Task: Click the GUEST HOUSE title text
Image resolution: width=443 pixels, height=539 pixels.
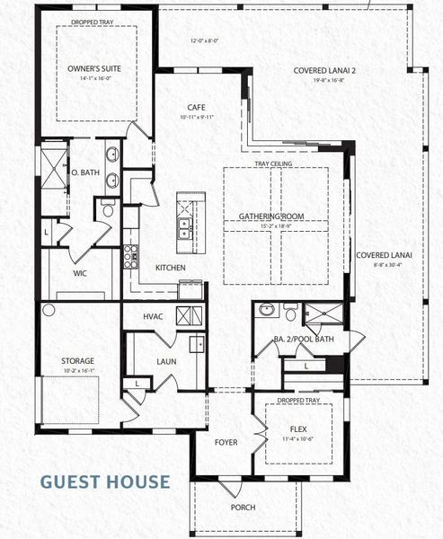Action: pyautogui.click(x=105, y=482)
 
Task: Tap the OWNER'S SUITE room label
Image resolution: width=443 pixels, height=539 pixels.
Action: pyautogui.click(x=94, y=68)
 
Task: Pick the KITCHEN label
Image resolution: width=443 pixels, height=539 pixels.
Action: pyautogui.click(x=171, y=268)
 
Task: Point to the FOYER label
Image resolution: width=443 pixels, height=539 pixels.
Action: pyautogui.click(x=226, y=442)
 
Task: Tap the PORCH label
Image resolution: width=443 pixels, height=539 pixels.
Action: pyautogui.click(x=243, y=508)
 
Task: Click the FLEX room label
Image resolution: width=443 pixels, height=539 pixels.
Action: pyautogui.click(x=298, y=429)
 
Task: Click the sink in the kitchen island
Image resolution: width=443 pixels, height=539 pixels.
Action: pyautogui.click(x=185, y=226)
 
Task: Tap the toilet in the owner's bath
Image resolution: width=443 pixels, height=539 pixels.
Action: pyautogui.click(x=106, y=210)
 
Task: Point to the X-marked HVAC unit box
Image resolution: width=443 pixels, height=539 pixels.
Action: pyautogui.click(x=189, y=315)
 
